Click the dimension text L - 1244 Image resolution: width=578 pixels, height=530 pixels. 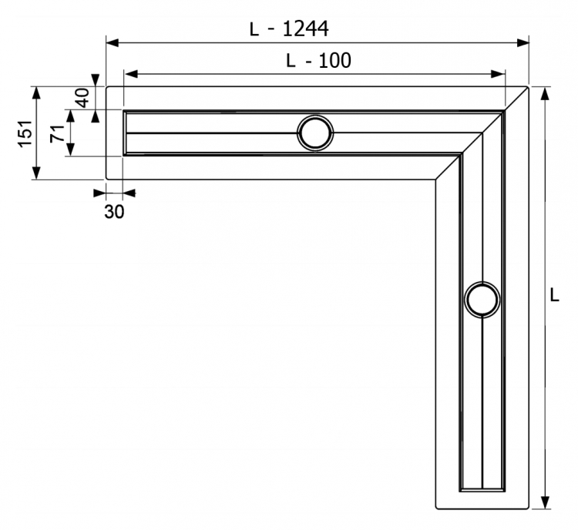(289, 29)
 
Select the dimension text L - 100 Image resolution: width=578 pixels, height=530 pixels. (318, 60)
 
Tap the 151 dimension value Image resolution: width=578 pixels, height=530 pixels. (25, 133)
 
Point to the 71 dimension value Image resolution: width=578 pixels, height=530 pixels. (58, 134)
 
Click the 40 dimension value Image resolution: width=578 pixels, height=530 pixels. (83, 98)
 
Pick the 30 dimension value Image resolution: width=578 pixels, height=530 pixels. (114, 212)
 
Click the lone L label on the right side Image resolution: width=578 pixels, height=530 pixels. (554, 295)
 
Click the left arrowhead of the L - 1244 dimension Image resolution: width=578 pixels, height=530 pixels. (113, 42)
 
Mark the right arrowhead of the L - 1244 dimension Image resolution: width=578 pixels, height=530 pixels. (523, 42)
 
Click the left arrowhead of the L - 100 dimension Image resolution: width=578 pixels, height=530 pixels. (131, 74)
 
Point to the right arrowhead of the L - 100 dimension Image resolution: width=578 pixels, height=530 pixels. (498, 74)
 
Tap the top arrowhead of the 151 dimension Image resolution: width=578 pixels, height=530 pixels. (35, 93)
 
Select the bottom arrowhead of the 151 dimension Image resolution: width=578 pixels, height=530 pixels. (35, 173)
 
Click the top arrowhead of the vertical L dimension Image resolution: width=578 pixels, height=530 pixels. (544, 94)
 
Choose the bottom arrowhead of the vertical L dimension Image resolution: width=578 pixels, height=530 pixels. (544, 502)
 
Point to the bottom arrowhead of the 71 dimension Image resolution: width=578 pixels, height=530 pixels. (70, 149)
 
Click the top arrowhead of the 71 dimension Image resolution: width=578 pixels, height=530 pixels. (70, 116)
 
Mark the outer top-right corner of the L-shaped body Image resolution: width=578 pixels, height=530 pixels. (527, 88)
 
